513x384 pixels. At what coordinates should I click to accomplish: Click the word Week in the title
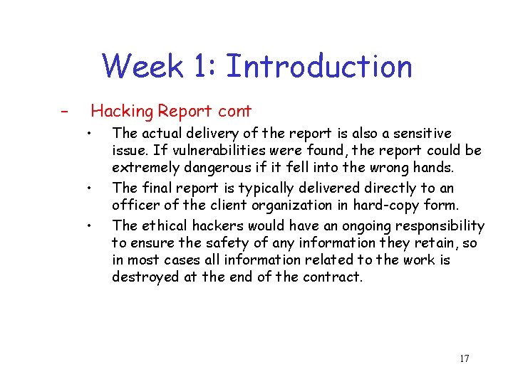142,66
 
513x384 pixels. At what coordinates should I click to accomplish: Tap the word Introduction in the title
318,66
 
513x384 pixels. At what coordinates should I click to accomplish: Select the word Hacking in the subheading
122,111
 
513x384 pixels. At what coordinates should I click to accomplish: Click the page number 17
464,358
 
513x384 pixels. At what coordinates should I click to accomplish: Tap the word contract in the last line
336,277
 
